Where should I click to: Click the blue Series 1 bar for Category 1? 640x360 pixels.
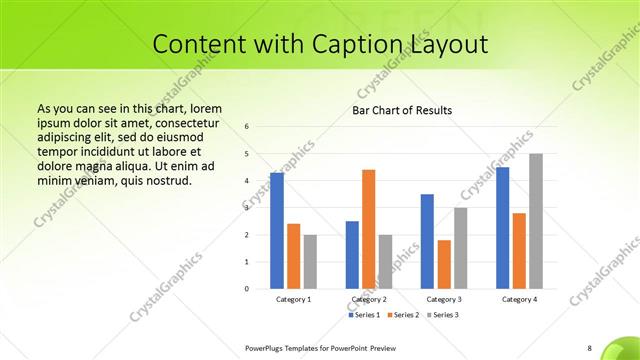277,231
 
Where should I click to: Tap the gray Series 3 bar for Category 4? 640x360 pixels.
536,221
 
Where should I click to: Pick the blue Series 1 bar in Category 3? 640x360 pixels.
427,241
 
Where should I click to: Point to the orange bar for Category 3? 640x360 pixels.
444,264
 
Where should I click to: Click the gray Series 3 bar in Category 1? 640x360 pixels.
310,262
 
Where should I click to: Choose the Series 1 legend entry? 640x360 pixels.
364,315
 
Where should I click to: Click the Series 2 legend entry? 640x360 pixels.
403,315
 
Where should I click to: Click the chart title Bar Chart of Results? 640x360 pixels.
402,109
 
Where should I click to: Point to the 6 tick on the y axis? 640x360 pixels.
247,127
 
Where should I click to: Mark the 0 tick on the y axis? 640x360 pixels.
247,289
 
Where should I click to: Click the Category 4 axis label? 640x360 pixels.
519,299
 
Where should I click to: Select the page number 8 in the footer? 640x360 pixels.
589,347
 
